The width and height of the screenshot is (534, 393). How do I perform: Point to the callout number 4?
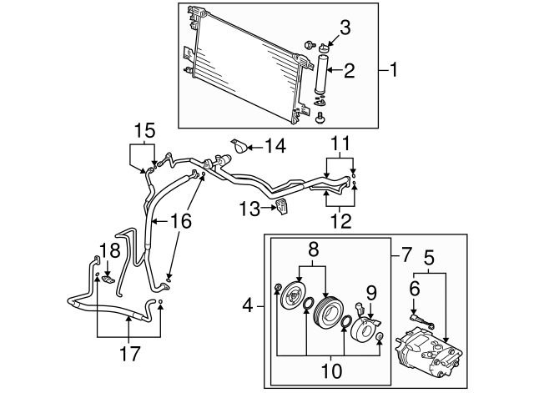coord(247,306)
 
